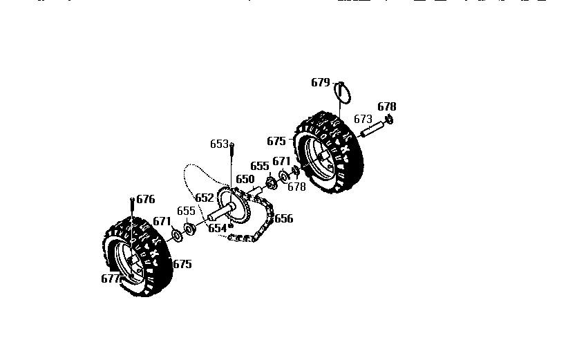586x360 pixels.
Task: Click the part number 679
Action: click(x=321, y=82)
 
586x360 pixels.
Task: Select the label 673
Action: click(x=363, y=119)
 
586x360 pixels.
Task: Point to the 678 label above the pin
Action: click(x=387, y=106)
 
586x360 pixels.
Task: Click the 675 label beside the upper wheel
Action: click(x=276, y=141)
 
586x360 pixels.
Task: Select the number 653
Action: click(x=219, y=144)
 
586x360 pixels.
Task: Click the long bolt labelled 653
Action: click(x=231, y=166)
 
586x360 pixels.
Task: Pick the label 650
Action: click(x=245, y=178)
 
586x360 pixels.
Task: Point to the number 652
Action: click(x=205, y=198)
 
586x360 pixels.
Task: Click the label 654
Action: click(x=218, y=227)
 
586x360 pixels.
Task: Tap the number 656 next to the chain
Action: click(x=283, y=219)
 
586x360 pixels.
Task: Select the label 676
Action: click(x=145, y=199)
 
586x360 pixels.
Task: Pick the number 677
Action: click(x=111, y=278)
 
